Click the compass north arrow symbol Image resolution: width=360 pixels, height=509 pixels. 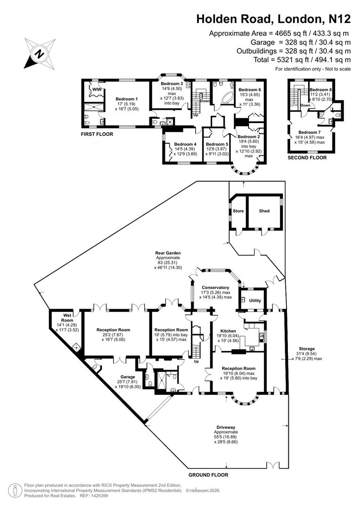tap(37, 53)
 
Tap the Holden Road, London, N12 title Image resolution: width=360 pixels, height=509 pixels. tap(273, 19)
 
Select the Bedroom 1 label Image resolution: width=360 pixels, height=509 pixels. tap(125, 99)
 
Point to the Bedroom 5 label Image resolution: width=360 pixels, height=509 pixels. tap(217, 144)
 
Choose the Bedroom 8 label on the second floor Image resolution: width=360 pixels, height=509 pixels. tap(321, 89)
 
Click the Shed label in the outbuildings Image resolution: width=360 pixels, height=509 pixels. tap(264, 211)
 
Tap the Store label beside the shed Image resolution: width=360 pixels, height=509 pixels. tap(238, 211)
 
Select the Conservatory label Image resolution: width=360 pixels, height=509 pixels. tap(215, 287)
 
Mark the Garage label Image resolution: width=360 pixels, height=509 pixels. tap(127, 377)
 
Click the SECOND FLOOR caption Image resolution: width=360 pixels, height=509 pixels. tap(307, 158)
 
